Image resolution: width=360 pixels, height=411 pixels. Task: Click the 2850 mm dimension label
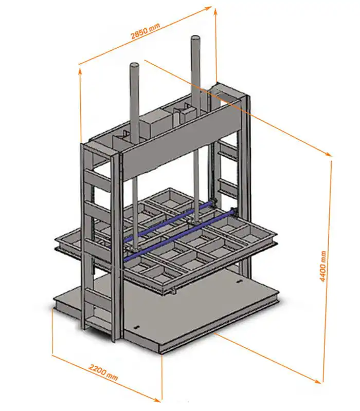145,31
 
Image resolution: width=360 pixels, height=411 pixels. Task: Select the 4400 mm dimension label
323,266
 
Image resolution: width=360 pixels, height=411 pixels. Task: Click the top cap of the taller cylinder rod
195,38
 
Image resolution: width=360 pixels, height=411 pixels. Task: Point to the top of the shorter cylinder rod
134,65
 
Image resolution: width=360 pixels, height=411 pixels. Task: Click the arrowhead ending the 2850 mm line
209,8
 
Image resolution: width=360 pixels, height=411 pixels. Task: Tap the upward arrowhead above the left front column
80,71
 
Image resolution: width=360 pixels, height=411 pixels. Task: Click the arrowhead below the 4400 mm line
317,381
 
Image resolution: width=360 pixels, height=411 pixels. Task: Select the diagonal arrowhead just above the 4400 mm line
328,155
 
